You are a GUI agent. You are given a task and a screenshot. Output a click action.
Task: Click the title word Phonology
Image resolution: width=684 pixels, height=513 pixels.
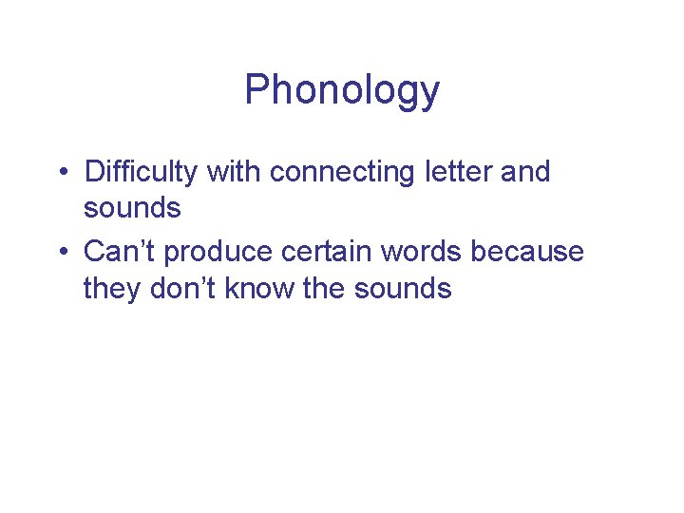click(x=342, y=91)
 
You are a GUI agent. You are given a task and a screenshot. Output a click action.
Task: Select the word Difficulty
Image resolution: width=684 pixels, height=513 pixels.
click(x=142, y=173)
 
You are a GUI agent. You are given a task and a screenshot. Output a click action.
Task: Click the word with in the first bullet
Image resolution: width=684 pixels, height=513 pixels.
click(x=234, y=172)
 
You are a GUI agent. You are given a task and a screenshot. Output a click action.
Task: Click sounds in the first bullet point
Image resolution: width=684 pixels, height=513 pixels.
click(x=132, y=207)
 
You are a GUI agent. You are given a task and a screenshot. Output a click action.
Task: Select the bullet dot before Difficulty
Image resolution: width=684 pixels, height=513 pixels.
click(x=62, y=174)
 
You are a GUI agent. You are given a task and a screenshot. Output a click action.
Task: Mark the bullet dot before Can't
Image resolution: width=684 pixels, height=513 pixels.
click(x=62, y=253)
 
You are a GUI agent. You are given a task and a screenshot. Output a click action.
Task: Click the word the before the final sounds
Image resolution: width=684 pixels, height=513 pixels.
click(x=324, y=287)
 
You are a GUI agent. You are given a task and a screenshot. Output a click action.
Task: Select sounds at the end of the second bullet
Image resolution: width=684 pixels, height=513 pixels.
click(x=403, y=287)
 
